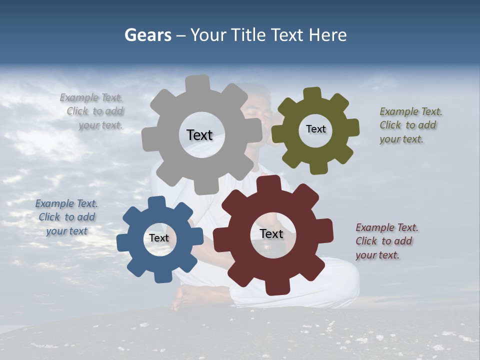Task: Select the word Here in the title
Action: coord(327,35)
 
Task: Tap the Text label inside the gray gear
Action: coord(199,135)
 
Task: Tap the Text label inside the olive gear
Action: coord(315,129)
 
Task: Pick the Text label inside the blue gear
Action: coord(159,238)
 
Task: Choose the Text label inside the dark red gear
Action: coord(271,233)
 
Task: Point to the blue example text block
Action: coord(67,217)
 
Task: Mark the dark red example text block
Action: coord(385,241)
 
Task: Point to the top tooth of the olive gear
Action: coord(312,93)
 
